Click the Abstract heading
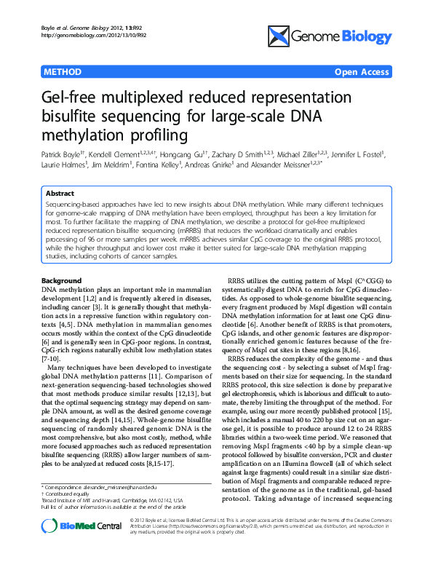[x=60, y=194]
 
